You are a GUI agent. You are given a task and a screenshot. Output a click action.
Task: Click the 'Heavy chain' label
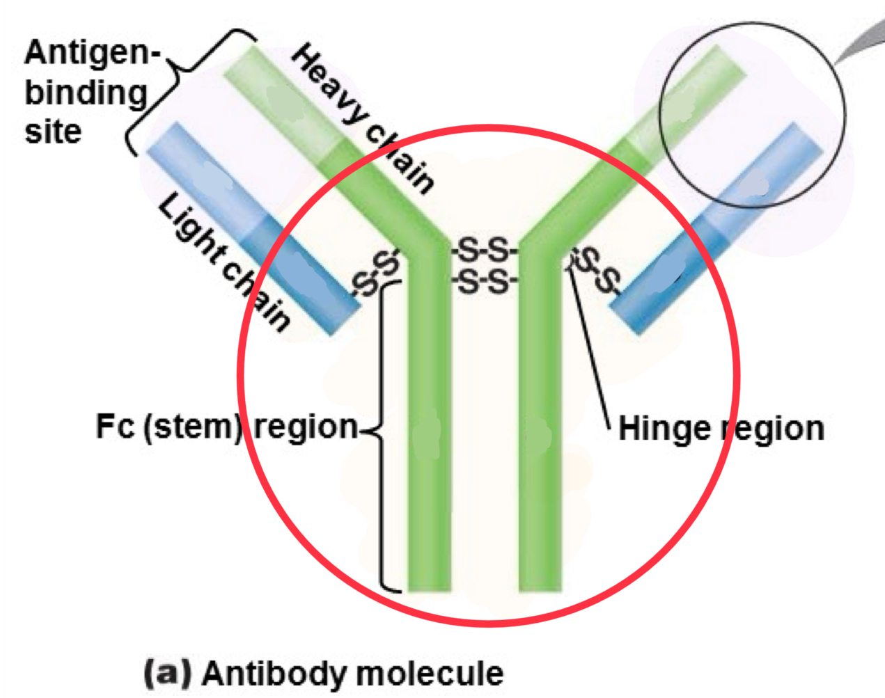click(x=362, y=118)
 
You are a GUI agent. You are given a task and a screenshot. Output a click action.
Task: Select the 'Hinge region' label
click(x=721, y=429)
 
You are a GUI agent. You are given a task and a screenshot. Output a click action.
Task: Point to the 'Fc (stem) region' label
click(x=226, y=426)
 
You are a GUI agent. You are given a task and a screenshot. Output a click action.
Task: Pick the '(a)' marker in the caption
click(x=167, y=673)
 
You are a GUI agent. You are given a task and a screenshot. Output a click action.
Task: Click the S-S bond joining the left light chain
click(x=376, y=273)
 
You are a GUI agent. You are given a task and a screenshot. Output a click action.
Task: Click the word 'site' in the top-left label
click(x=53, y=132)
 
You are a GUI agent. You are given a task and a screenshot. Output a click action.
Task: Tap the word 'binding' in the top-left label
click(x=86, y=93)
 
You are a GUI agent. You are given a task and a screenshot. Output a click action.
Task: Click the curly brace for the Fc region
click(x=381, y=431)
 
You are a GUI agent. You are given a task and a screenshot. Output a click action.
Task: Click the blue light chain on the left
click(x=251, y=230)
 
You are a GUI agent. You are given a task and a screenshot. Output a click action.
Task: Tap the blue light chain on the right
click(x=717, y=230)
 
